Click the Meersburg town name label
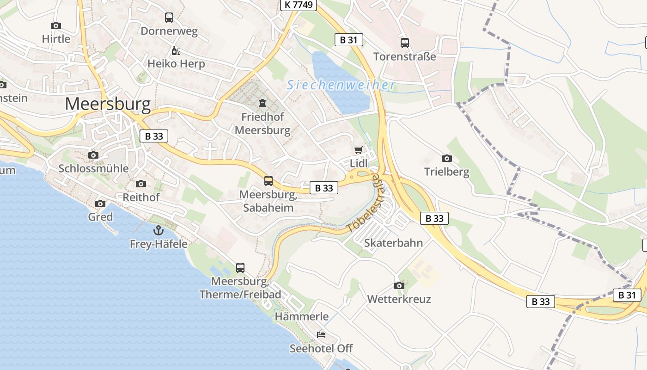[x=108, y=104]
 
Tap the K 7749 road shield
[x=299, y=5]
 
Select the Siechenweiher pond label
[x=342, y=85]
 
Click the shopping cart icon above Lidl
[x=358, y=150]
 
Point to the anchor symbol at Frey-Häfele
[x=159, y=230]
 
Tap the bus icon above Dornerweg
[x=169, y=18]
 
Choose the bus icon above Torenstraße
[x=405, y=43]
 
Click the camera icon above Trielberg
[x=446, y=158]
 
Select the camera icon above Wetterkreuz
[x=399, y=285]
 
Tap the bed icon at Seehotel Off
[x=321, y=334]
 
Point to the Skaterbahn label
[x=393, y=243]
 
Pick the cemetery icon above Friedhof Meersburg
[x=262, y=103]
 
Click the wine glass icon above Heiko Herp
[x=176, y=50]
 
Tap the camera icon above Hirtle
[x=56, y=25]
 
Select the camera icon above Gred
[x=100, y=203]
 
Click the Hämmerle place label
[x=302, y=317]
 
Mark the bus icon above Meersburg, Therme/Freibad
[x=240, y=267]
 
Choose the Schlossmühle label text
[x=93, y=168]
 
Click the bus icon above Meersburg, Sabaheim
[x=269, y=180]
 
